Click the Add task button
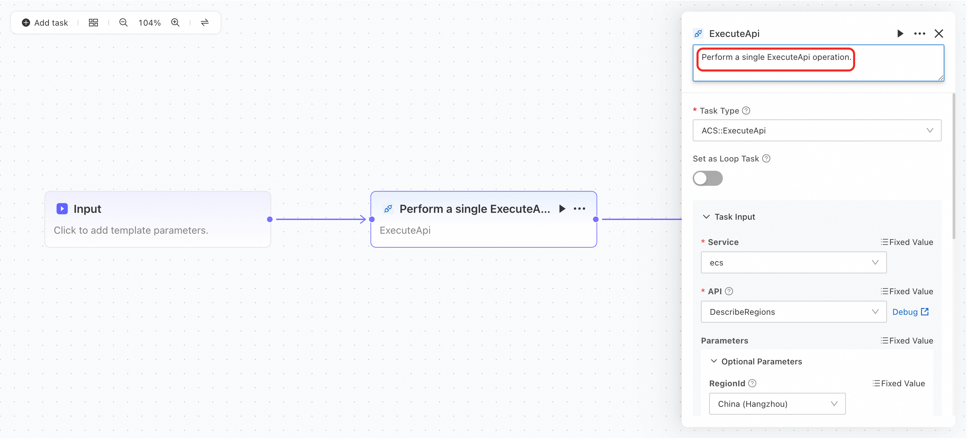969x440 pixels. [45, 23]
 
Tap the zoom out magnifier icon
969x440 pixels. [123, 23]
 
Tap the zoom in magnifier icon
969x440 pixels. [175, 23]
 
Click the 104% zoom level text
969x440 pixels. [149, 23]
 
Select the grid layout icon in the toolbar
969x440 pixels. [93, 23]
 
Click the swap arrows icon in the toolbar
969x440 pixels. [204, 23]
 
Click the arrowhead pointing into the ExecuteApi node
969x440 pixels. [363, 219]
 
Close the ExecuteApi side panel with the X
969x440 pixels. [939, 34]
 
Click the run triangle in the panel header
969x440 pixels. [900, 34]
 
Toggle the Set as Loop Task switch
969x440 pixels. [707, 178]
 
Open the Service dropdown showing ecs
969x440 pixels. [794, 263]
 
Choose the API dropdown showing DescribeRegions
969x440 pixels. [794, 312]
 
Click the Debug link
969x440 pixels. [910, 312]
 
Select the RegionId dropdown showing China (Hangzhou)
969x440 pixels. [777, 404]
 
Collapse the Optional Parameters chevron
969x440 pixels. [714, 361]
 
